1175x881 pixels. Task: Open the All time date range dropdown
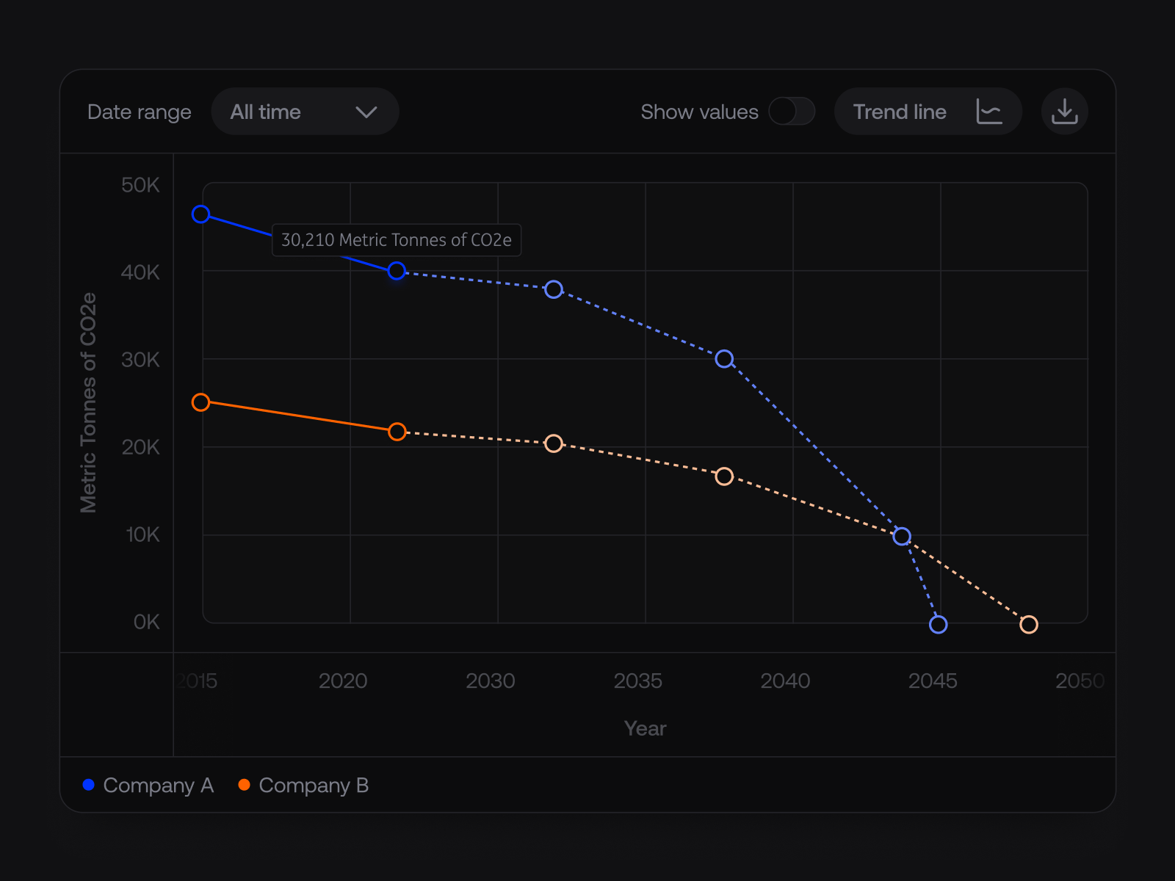coord(304,112)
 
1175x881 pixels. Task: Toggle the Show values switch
coord(792,112)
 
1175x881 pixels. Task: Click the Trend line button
coord(928,112)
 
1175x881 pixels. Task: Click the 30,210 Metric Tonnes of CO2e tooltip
coord(397,240)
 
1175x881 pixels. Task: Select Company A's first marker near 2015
coord(200,214)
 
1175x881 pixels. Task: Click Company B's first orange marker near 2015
coord(200,402)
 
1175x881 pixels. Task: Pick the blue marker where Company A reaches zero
coord(938,625)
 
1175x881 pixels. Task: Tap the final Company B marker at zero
coord(1029,625)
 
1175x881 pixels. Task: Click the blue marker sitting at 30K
coord(724,359)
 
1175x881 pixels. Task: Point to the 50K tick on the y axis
coord(140,185)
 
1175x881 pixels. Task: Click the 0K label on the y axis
coord(146,623)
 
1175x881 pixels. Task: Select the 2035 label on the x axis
coord(637,681)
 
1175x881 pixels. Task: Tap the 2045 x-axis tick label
coord(933,681)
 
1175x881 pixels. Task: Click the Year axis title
coord(645,728)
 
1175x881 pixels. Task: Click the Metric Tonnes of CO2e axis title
coord(88,402)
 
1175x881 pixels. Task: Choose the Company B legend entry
coord(304,786)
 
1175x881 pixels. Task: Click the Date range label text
coord(139,112)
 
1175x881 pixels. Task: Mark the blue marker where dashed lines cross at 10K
coord(902,537)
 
